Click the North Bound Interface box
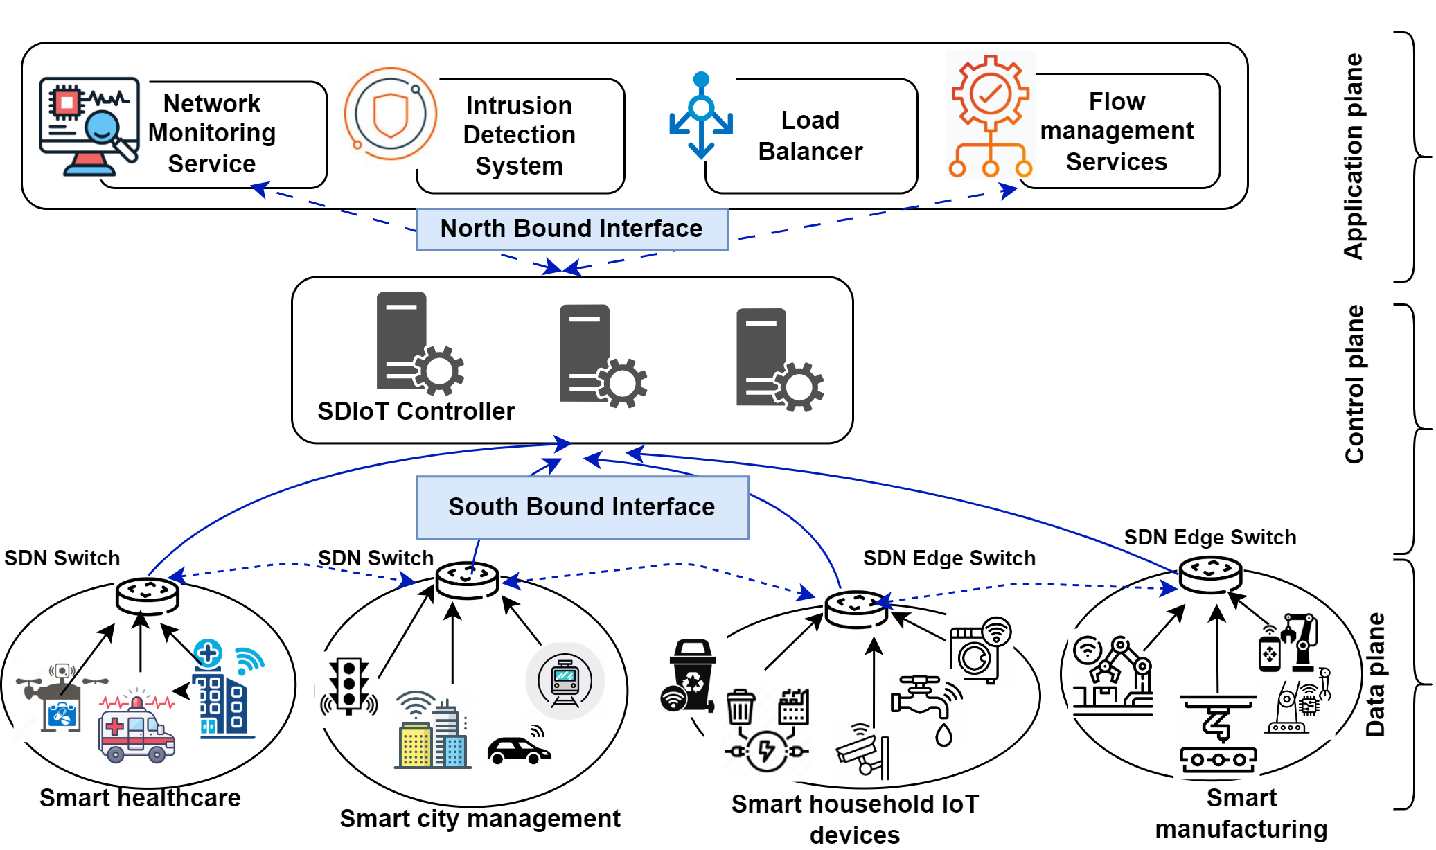(x=572, y=229)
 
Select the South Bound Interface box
(x=582, y=507)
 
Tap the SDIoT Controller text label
(x=416, y=411)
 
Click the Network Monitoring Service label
(x=212, y=133)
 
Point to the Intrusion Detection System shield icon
(x=391, y=114)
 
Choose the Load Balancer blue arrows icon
(x=701, y=116)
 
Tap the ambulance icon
(x=136, y=730)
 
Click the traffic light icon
(x=349, y=686)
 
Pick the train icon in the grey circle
(x=565, y=681)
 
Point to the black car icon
(x=519, y=749)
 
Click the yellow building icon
(x=416, y=744)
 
